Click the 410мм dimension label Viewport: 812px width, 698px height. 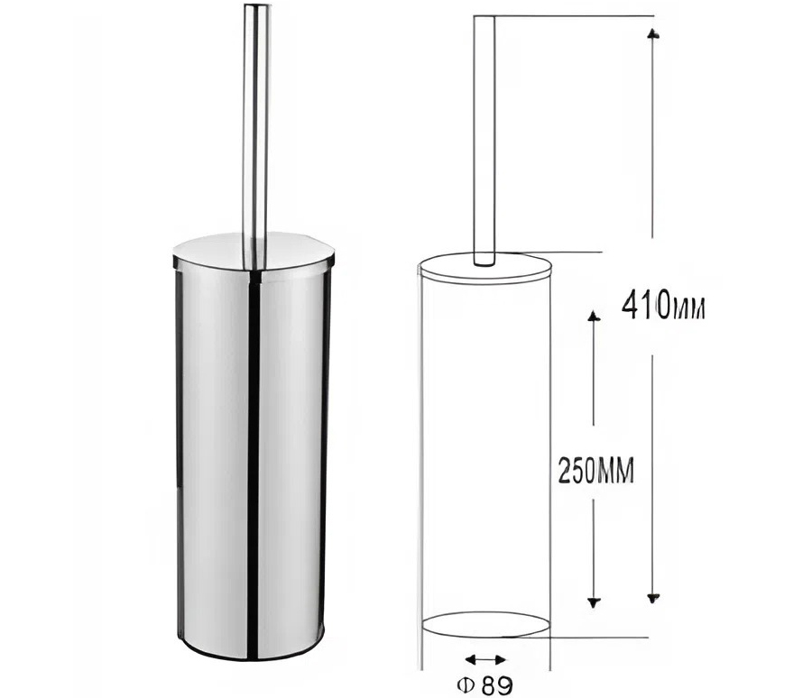pyautogui.click(x=663, y=308)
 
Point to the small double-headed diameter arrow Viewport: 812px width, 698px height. pyautogui.click(x=485, y=659)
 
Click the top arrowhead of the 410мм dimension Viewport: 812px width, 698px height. pyautogui.click(x=653, y=32)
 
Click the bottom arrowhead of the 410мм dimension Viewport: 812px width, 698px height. pyautogui.click(x=653, y=596)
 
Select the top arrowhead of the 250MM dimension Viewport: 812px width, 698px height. pyautogui.click(x=593, y=317)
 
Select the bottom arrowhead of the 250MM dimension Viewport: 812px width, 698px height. pyautogui.click(x=593, y=602)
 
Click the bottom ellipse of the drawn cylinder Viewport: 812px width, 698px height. pyautogui.click(x=484, y=625)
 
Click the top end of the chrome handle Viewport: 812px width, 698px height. pyautogui.click(x=255, y=9)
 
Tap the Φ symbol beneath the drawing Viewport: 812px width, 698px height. pyautogui.click(x=467, y=685)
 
